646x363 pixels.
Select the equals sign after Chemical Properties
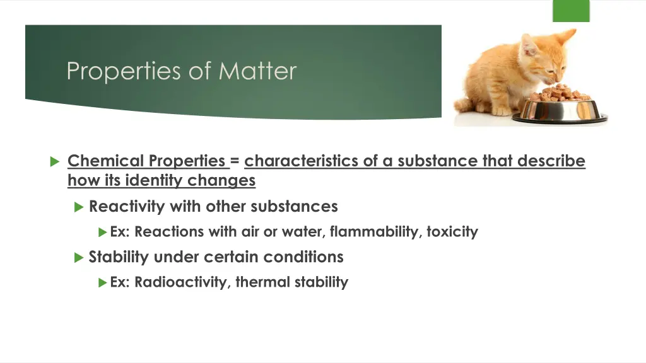[235, 161]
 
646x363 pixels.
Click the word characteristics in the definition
[302, 161]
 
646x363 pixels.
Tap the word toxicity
[452, 232]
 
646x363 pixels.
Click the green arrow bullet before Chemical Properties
[54, 162]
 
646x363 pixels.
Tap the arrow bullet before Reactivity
[78, 207]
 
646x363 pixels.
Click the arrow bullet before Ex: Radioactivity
[103, 282]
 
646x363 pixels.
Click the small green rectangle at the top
[570, 11]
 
